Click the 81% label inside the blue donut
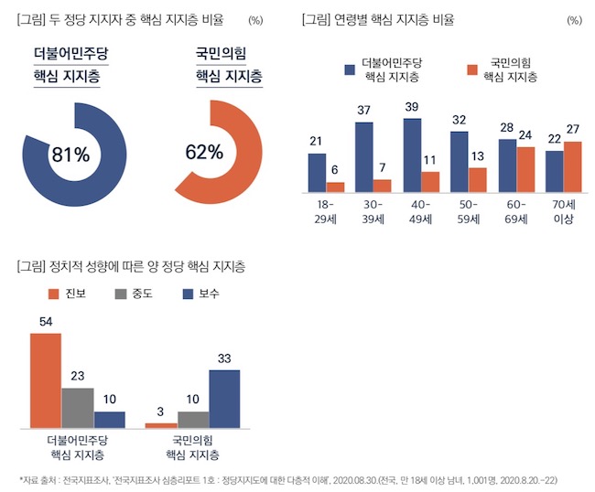[x=70, y=155]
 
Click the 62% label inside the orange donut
[x=204, y=152]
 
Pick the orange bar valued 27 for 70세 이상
[x=573, y=167]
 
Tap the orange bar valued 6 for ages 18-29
[x=335, y=187]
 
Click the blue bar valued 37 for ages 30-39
[x=364, y=156]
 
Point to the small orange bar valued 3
[x=161, y=425]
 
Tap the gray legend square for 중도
[x=121, y=294]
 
